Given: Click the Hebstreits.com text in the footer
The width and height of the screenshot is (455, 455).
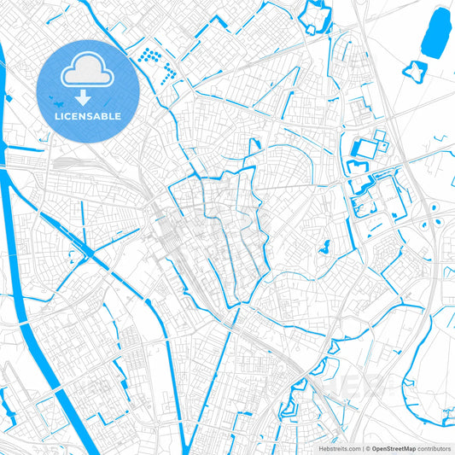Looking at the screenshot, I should click(339, 448).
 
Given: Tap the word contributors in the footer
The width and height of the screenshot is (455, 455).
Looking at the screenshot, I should click(435, 448).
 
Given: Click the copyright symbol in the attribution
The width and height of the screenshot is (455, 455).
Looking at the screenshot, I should click(366, 448).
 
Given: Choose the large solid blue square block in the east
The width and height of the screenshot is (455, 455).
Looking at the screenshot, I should click(365, 149).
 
